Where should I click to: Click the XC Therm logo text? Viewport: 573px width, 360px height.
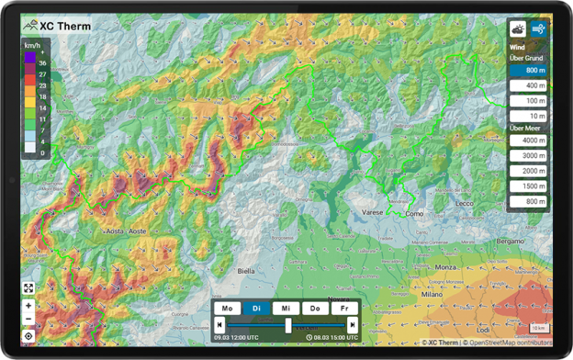[x=66, y=26]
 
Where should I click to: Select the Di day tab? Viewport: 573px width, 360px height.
[x=256, y=309]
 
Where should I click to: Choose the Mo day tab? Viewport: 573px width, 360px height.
[x=227, y=309]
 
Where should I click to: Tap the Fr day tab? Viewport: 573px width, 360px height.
[x=345, y=309]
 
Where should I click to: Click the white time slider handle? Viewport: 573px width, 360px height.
[x=288, y=325]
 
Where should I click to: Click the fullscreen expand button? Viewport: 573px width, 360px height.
[x=29, y=287]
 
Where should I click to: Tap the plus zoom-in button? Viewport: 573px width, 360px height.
[x=29, y=305]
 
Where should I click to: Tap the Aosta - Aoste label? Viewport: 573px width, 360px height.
[x=126, y=231]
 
